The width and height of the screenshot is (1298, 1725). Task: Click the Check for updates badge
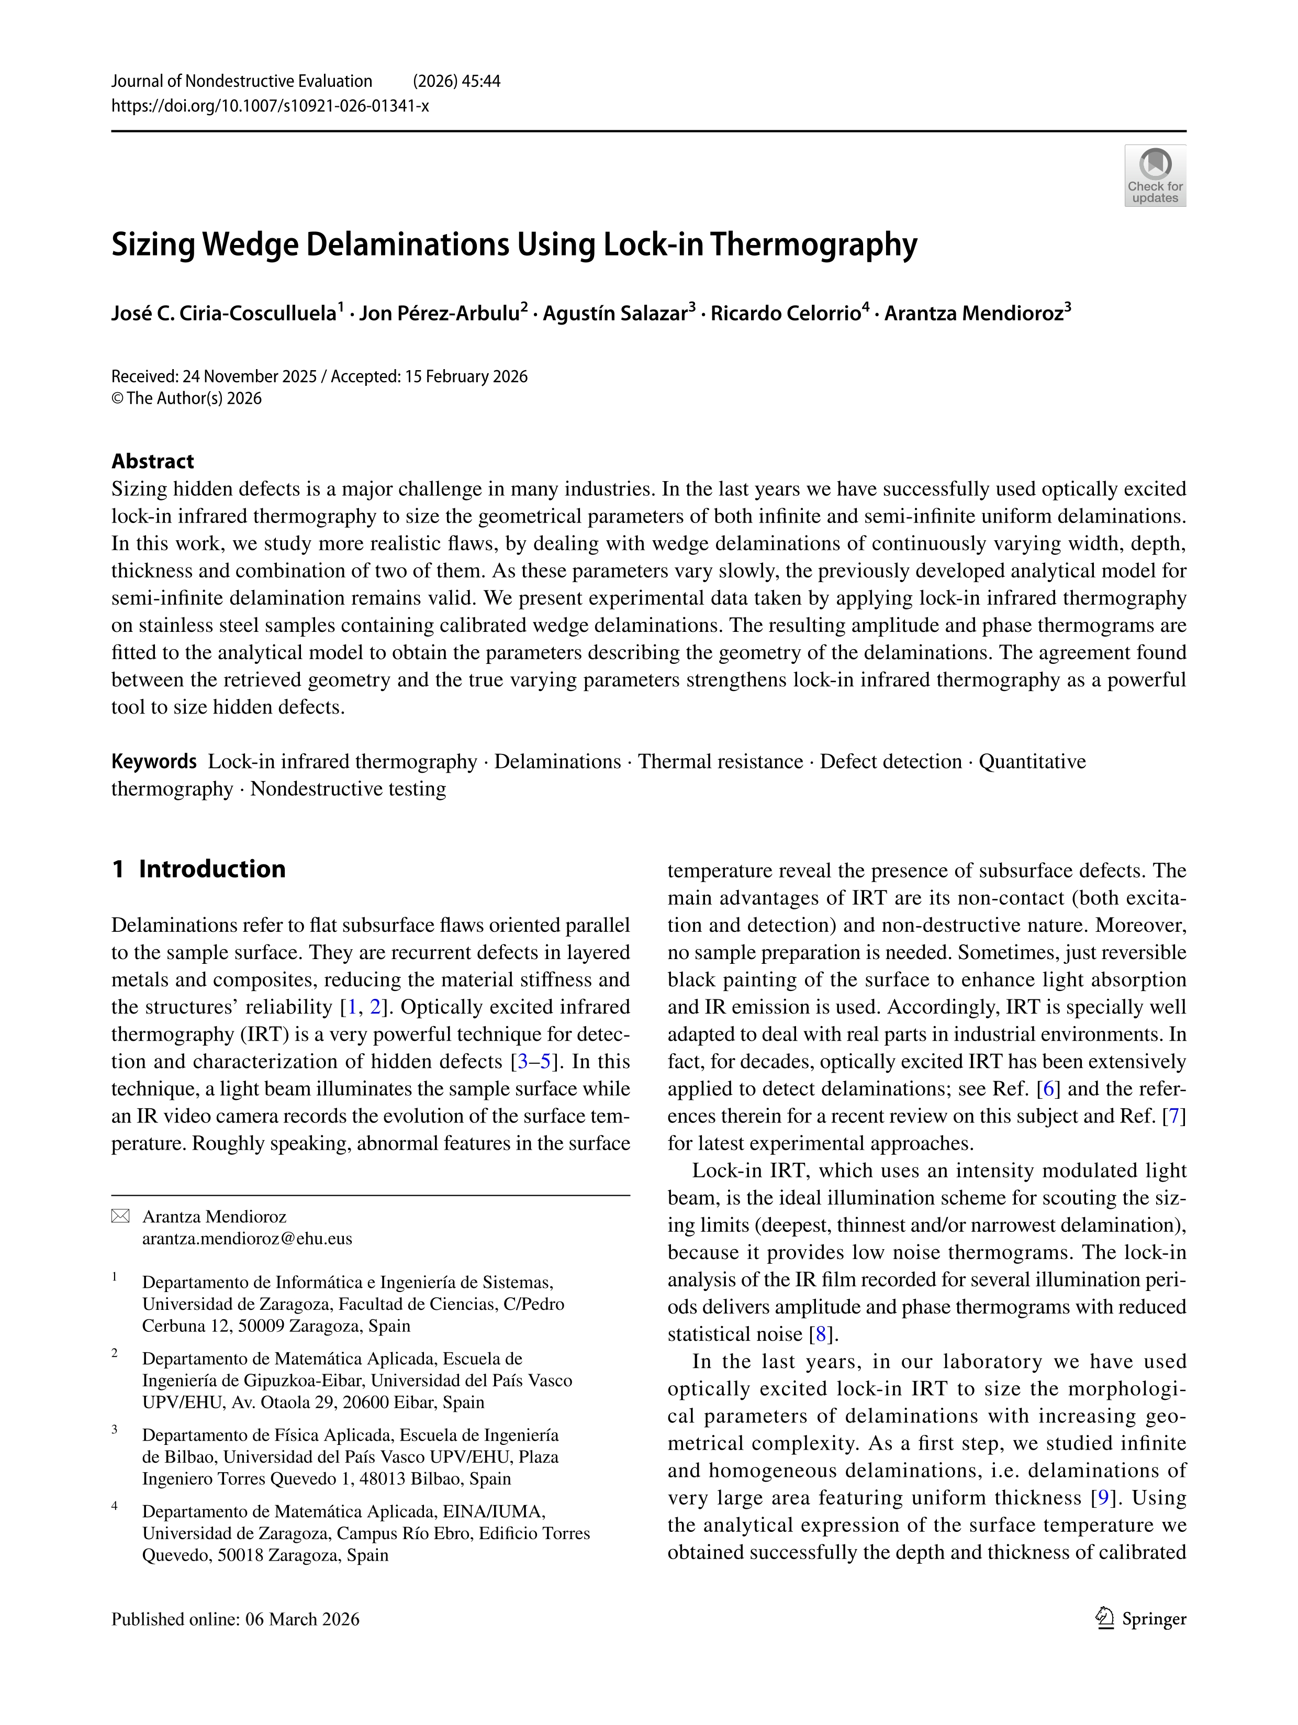coord(1155,175)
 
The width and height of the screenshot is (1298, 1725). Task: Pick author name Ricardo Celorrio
coord(785,314)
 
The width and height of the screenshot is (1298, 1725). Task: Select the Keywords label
coord(153,761)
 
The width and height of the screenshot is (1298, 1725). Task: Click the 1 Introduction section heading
coord(199,869)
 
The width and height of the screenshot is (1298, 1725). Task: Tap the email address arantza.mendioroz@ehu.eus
coord(247,1238)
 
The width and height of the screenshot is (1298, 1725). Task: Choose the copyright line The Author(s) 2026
coord(193,398)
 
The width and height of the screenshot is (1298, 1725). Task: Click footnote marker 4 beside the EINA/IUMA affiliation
coord(115,1506)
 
